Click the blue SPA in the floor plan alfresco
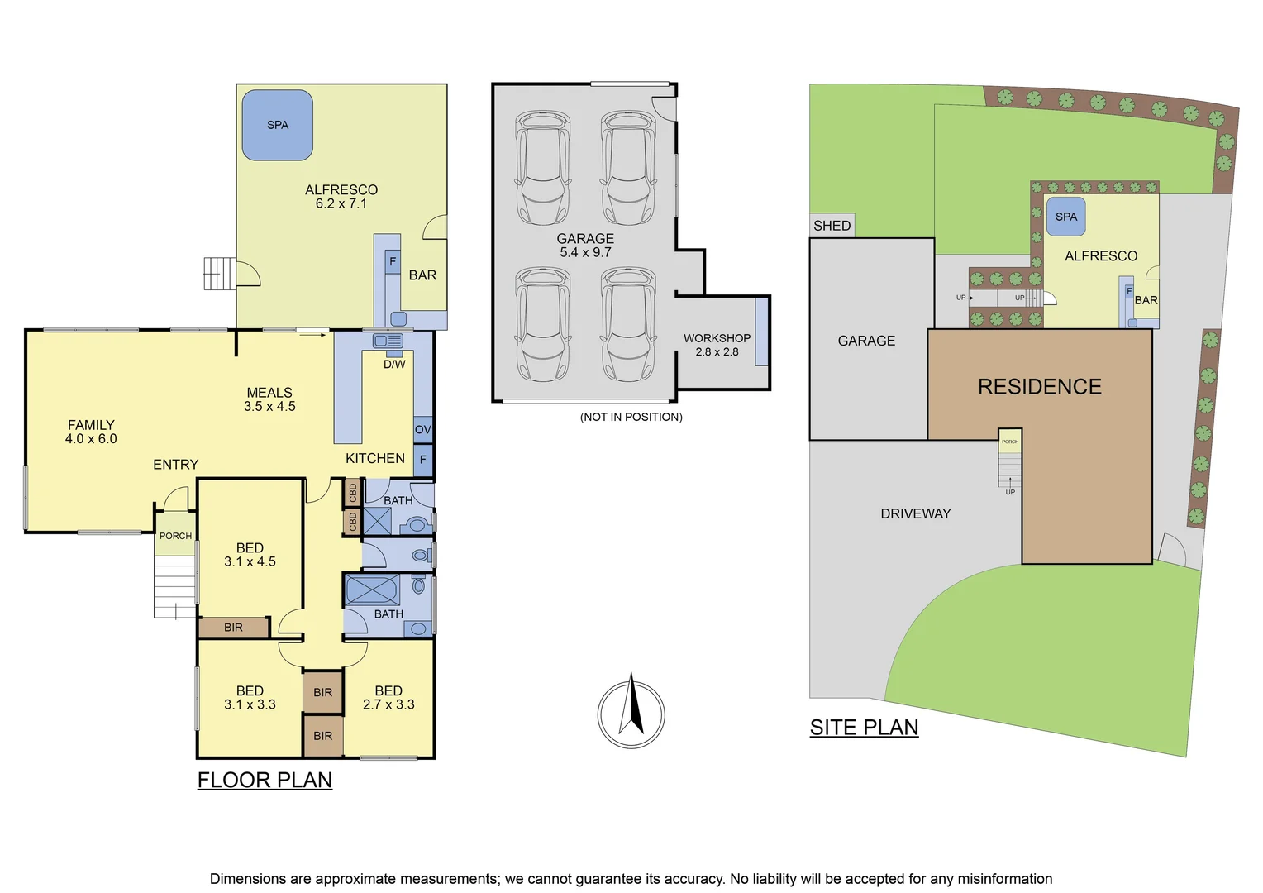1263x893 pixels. point(277,125)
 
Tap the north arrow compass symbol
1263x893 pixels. point(631,714)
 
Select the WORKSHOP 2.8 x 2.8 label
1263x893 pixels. point(717,345)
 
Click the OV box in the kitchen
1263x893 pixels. point(422,429)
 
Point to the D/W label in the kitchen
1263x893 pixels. point(394,364)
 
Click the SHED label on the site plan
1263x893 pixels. point(832,226)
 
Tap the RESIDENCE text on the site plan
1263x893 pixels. point(1039,387)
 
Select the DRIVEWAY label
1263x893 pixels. point(915,513)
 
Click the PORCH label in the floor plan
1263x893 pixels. point(175,536)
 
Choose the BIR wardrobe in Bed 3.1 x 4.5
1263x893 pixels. point(233,628)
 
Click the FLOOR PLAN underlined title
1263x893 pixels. point(265,780)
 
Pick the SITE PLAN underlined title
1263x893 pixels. point(864,727)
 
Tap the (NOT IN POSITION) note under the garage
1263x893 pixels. point(631,417)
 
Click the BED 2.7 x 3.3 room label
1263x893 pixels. point(388,697)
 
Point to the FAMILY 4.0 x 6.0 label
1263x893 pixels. point(91,432)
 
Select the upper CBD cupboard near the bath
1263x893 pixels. point(352,493)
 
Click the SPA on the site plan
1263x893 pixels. point(1065,217)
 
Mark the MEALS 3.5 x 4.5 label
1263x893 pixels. point(269,399)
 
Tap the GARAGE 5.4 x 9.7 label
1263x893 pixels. point(585,245)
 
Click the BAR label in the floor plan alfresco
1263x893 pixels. point(422,275)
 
